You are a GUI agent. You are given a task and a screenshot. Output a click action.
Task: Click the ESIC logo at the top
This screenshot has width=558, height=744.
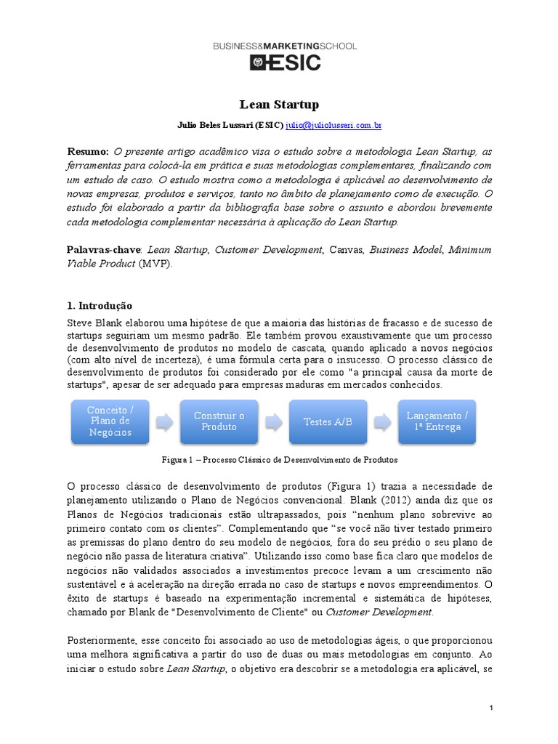[285, 63]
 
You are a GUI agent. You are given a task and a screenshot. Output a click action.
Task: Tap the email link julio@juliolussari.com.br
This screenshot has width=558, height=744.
[333, 125]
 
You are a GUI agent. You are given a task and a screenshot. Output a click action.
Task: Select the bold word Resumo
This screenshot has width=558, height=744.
[87, 151]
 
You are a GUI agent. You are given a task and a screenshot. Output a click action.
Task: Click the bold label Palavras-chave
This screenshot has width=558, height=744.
[103, 250]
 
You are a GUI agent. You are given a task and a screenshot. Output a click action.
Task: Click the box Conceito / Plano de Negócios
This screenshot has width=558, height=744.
[109, 421]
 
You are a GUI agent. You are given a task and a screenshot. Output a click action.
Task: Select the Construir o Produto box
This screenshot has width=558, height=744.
[219, 421]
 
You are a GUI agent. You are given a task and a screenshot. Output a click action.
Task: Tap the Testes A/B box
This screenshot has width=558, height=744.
[328, 421]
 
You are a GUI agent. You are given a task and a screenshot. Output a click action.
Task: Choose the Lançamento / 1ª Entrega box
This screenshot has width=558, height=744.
[437, 421]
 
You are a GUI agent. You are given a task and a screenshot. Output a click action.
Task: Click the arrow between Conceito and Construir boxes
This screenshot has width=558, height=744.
[164, 421]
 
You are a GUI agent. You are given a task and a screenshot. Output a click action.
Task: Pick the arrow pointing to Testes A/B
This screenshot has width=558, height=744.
[273, 421]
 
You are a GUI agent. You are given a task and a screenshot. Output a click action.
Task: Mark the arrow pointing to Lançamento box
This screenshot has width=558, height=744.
[382, 421]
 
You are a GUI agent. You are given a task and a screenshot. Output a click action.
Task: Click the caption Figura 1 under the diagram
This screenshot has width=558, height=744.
[279, 460]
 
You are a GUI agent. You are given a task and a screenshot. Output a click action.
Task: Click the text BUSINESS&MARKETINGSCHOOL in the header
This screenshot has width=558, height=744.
[285, 46]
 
